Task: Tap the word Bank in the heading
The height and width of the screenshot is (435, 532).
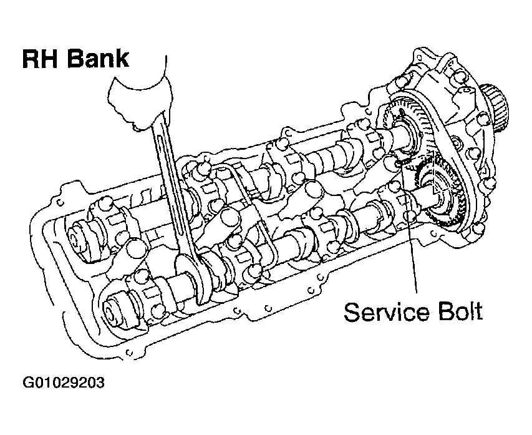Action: coord(99,59)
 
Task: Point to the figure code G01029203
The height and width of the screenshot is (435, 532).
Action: coord(64,383)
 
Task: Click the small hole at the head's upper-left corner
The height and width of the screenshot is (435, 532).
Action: coord(60,203)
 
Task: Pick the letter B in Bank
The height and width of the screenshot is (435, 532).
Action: coord(75,59)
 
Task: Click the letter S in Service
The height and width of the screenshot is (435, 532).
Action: coord(352,312)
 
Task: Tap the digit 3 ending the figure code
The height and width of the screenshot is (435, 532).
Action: coord(101,383)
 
